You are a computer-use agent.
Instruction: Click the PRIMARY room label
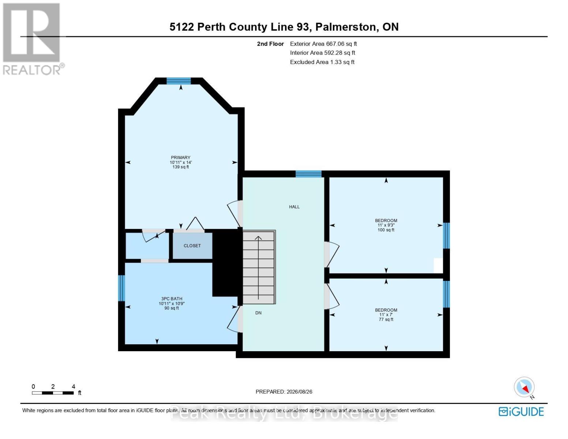[180, 157]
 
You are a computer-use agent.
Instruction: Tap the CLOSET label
[192, 246]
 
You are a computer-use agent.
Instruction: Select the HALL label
[294, 207]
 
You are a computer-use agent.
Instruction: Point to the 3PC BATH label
[172, 299]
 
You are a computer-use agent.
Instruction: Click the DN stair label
[258, 313]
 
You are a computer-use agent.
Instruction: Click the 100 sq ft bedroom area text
[386, 230]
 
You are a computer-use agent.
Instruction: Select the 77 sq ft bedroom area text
[386, 319]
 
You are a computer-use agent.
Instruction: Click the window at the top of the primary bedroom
[179, 81]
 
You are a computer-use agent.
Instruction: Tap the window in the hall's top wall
[308, 174]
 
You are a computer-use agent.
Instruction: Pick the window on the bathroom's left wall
[121, 288]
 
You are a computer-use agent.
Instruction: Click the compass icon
[524, 387]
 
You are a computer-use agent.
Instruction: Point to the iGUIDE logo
[521, 412]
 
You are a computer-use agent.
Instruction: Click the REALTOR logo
[33, 39]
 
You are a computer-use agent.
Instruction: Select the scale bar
[53, 393]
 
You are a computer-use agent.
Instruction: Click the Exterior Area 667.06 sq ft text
[323, 44]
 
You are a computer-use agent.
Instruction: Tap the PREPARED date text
[284, 392]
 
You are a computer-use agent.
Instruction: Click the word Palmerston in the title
[347, 27]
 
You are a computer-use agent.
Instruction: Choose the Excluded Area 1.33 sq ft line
[322, 62]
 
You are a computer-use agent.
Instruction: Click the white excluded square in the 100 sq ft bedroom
[439, 266]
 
